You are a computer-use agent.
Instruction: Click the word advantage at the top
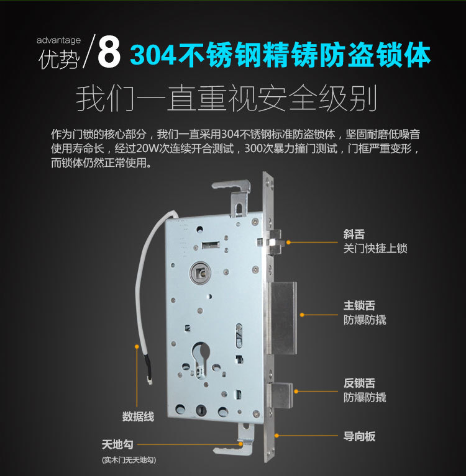pyautogui.click(x=58, y=40)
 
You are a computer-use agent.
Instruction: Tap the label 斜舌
pyautogui.click(x=354, y=234)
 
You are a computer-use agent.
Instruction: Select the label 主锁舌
pyautogui.click(x=359, y=305)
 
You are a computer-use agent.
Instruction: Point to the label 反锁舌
pyautogui.click(x=359, y=383)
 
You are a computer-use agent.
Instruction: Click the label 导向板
pyautogui.click(x=359, y=436)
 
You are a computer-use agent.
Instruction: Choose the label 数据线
pyautogui.click(x=138, y=416)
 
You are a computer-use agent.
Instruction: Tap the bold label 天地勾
pyautogui.click(x=117, y=445)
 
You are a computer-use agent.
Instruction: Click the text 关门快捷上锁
pyautogui.click(x=375, y=249)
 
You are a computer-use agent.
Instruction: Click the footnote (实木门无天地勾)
pyautogui.click(x=129, y=460)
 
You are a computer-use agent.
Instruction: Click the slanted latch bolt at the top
pyautogui.click(x=276, y=242)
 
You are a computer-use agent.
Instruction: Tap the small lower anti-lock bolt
pyautogui.click(x=282, y=395)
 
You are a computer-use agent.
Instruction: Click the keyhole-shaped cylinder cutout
pyautogui.click(x=201, y=360)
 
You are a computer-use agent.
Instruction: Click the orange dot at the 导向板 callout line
pyautogui.click(x=276, y=436)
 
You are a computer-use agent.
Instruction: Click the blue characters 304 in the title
pyautogui.click(x=153, y=55)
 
